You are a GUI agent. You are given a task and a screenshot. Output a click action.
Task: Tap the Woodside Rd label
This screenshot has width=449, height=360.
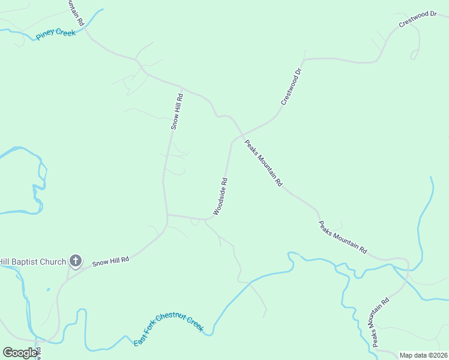220,197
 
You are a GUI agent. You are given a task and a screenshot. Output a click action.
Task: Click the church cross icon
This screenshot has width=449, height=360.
75,260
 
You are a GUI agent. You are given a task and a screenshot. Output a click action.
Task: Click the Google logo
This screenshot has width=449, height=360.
20,353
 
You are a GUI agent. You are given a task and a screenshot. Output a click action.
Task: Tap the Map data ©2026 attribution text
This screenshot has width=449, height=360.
423,355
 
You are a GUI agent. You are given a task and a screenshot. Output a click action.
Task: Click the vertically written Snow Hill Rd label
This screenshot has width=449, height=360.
176,111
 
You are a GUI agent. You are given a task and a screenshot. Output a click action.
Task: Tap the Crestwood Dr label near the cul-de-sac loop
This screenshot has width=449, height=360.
418,19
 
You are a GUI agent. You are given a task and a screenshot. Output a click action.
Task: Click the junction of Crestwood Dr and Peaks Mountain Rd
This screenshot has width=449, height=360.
242,134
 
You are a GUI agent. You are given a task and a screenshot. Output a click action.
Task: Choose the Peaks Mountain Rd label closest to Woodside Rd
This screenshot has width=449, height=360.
262,163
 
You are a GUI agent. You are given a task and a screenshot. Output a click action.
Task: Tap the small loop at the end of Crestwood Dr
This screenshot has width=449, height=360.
414,56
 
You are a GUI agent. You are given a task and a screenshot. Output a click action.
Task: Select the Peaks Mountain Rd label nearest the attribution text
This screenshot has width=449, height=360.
381,322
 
